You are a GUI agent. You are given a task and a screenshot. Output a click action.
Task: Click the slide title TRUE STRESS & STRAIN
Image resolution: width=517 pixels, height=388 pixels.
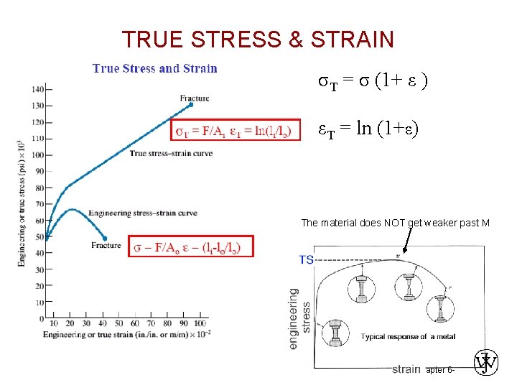(258, 40)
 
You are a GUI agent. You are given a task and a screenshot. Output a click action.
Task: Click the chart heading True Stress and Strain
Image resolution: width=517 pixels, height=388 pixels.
(155, 68)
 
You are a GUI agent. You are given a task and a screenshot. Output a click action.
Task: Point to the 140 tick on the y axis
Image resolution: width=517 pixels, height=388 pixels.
(37, 89)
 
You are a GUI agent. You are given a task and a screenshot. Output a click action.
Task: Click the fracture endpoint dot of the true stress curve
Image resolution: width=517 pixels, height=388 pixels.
(190, 105)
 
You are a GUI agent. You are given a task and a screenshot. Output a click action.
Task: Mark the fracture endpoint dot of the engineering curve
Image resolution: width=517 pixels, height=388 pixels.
(106, 238)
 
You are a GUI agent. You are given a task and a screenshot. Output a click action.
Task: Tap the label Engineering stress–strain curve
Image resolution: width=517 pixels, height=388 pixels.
(142, 213)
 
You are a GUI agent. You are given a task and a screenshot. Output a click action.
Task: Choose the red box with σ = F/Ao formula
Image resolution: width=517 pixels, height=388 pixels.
(192, 248)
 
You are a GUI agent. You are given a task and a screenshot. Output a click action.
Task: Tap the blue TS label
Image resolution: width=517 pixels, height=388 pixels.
(307, 259)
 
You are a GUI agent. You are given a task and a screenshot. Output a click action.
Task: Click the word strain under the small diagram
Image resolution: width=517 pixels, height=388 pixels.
(406, 369)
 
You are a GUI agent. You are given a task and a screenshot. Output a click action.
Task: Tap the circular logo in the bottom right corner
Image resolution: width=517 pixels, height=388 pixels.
(486, 364)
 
